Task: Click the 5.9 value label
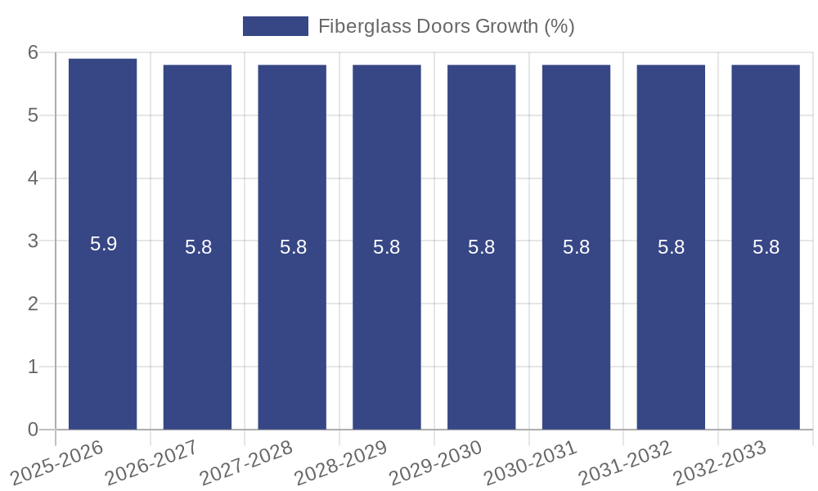coord(103,244)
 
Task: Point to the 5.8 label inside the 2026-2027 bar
coord(198,247)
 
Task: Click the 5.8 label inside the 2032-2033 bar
coord(766,247)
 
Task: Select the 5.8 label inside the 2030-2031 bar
coord(576,247)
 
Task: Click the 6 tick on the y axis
coord(33,52)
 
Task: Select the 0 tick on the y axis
coord(33,430)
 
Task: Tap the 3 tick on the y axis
coord(33,241)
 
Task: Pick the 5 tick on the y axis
coord(33,115)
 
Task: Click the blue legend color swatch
coord(276,26)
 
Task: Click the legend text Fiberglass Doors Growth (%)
coord(446,26)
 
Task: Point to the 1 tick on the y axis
coord(33,367)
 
